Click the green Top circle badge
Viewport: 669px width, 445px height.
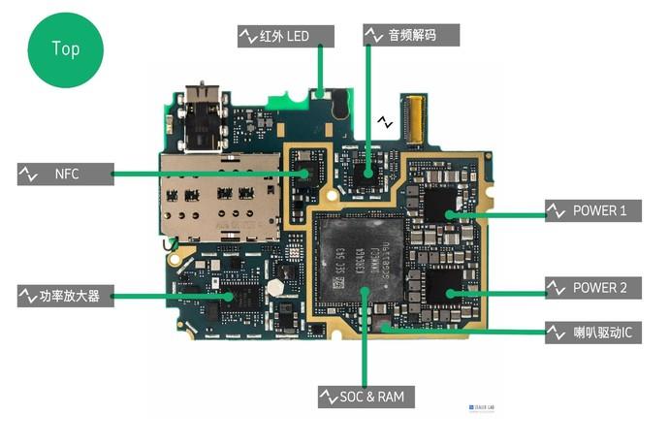(x=66, y=48)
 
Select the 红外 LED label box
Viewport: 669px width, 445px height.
(x=286, y=36)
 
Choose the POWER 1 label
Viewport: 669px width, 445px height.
(x=592, y=210)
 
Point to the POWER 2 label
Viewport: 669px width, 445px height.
(x=592, y=288)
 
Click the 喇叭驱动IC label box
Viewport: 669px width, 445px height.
(x=592, y=334)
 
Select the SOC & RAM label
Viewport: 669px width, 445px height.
(x=367, y=397)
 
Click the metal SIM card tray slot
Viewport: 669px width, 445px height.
(x=218, y=199)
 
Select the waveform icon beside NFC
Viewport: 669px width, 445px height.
(x=28, y=175)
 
